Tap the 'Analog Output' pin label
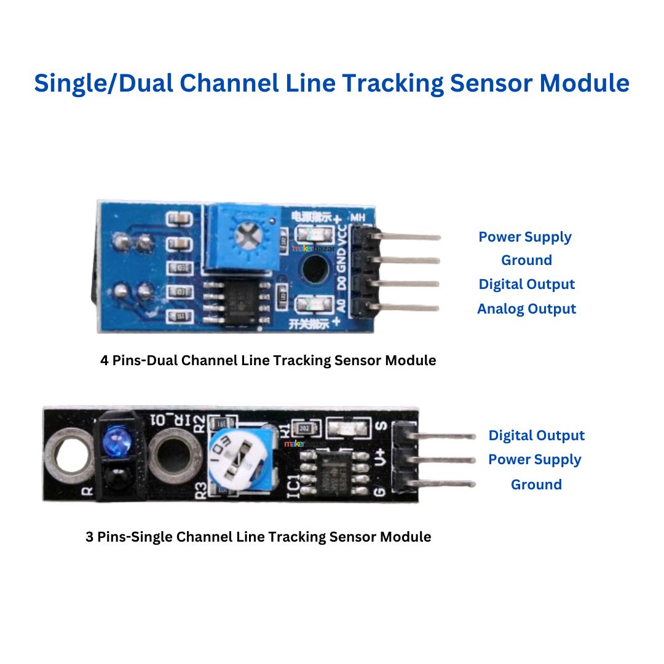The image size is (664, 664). pyautogui.click(x=526, y=309)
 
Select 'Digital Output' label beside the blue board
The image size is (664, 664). pyautogui.click(x=526, y=284)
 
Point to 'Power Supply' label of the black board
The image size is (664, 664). pyautogui.click(x=534, y=460)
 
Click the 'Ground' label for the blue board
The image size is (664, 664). pyautogui.click(x=526, y=260)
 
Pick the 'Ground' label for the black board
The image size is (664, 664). pyautogui.click(x=536, y=484)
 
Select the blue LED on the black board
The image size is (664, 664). pyautogui.click(x=114, y=440)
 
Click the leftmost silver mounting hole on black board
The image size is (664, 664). pyautogui.click(x=68, y=455)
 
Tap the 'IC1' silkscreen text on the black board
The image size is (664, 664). pyautogui.click(x=294, y=484)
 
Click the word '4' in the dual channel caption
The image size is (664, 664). pyautogui.click(x=104, y=360)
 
